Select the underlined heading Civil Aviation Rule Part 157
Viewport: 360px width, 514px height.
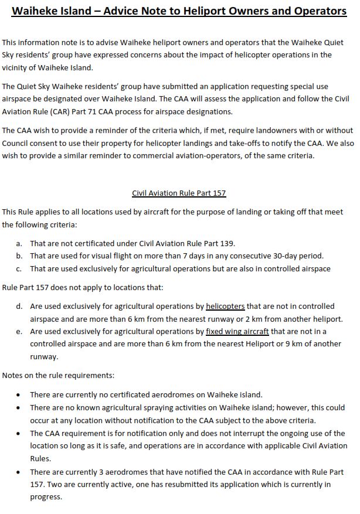179,193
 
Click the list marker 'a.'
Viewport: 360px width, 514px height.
19,243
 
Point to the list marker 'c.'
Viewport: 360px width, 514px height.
19,268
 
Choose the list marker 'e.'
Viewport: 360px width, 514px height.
19,331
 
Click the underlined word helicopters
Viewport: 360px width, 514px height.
225,306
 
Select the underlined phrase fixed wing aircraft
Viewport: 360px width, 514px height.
237,331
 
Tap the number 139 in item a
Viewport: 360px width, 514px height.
227,243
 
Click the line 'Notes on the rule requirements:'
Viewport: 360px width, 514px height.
58,375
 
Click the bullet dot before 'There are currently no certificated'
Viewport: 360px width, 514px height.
19,395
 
